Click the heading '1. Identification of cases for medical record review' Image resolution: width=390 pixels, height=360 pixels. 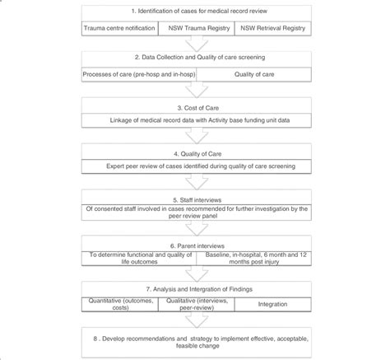(x=195, y=13)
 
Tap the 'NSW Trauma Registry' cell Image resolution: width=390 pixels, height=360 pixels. (x=194, y=28)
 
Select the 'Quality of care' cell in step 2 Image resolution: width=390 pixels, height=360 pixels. (x=251, y=75)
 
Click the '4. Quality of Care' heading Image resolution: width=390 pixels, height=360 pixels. (x=195, y=153)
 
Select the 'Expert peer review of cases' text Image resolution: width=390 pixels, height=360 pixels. (x=195, y=167)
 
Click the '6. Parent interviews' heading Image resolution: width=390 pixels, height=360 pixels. (x=195, y=245)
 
